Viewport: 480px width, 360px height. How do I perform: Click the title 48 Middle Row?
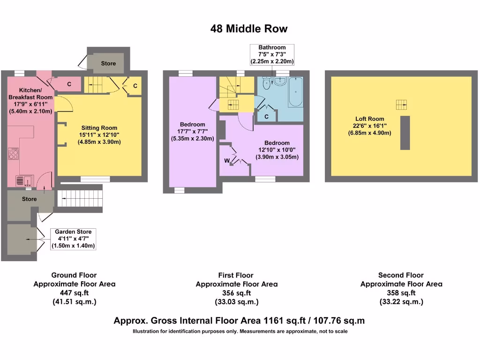pyautogui.click(x=248, y=29)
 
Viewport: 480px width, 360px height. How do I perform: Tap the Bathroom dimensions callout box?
pyautogui.click(x=272, y=54)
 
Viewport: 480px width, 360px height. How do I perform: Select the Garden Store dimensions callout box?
pyautogui.click(x=73, y=239)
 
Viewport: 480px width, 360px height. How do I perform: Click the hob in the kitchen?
pyautogui.click(x=13, y=154)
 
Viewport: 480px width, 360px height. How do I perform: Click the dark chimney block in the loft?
pyautogui.click(x=405, y=133)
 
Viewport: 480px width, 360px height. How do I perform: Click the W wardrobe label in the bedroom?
pyautogui.click(x=227, y=161)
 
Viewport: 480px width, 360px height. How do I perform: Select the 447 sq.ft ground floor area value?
pyautogui.click(x=74, y=293)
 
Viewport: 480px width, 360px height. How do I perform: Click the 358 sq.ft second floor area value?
pyautogui.click(x=401, y=293)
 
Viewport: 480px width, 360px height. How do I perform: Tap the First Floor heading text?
pyautogui.click(x=236, y=275)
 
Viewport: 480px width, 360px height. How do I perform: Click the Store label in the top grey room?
pyautogui.click(x=108, y=63)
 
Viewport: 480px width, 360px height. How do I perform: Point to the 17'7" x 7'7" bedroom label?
pyautogui.click(x=192, y=131)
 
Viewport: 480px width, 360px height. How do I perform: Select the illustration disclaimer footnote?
pyautogui.click(x=240, y=331)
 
